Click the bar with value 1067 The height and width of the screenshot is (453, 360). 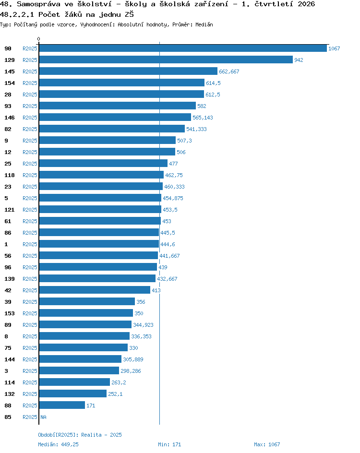point(183,48)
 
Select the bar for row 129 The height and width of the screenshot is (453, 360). point(166,60)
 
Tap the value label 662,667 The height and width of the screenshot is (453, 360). point(229,72)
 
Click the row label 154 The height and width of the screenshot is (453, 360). point(10,83)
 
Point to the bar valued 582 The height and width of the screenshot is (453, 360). point(117,106)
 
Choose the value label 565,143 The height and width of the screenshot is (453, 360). point(203,118)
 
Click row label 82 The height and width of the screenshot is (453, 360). point(8,129)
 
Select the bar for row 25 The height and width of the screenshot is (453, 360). point(103,164)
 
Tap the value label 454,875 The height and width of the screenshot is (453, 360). point(173,198)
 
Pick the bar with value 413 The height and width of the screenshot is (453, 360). point(95,290)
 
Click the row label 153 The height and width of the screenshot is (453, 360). point(10,313)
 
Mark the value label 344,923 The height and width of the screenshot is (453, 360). point(144,325)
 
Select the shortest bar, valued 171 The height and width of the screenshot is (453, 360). point(62,405)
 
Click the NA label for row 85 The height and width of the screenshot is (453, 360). point(43,417)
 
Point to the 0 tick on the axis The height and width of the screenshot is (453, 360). point(39,39)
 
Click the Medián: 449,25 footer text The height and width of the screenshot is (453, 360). point(59,444)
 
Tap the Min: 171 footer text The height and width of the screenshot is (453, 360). point(169,444)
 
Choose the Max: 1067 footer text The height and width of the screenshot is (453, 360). point(267,444)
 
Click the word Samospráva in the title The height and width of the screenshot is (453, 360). point(39,4)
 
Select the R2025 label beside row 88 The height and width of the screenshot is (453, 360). point(30,405)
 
